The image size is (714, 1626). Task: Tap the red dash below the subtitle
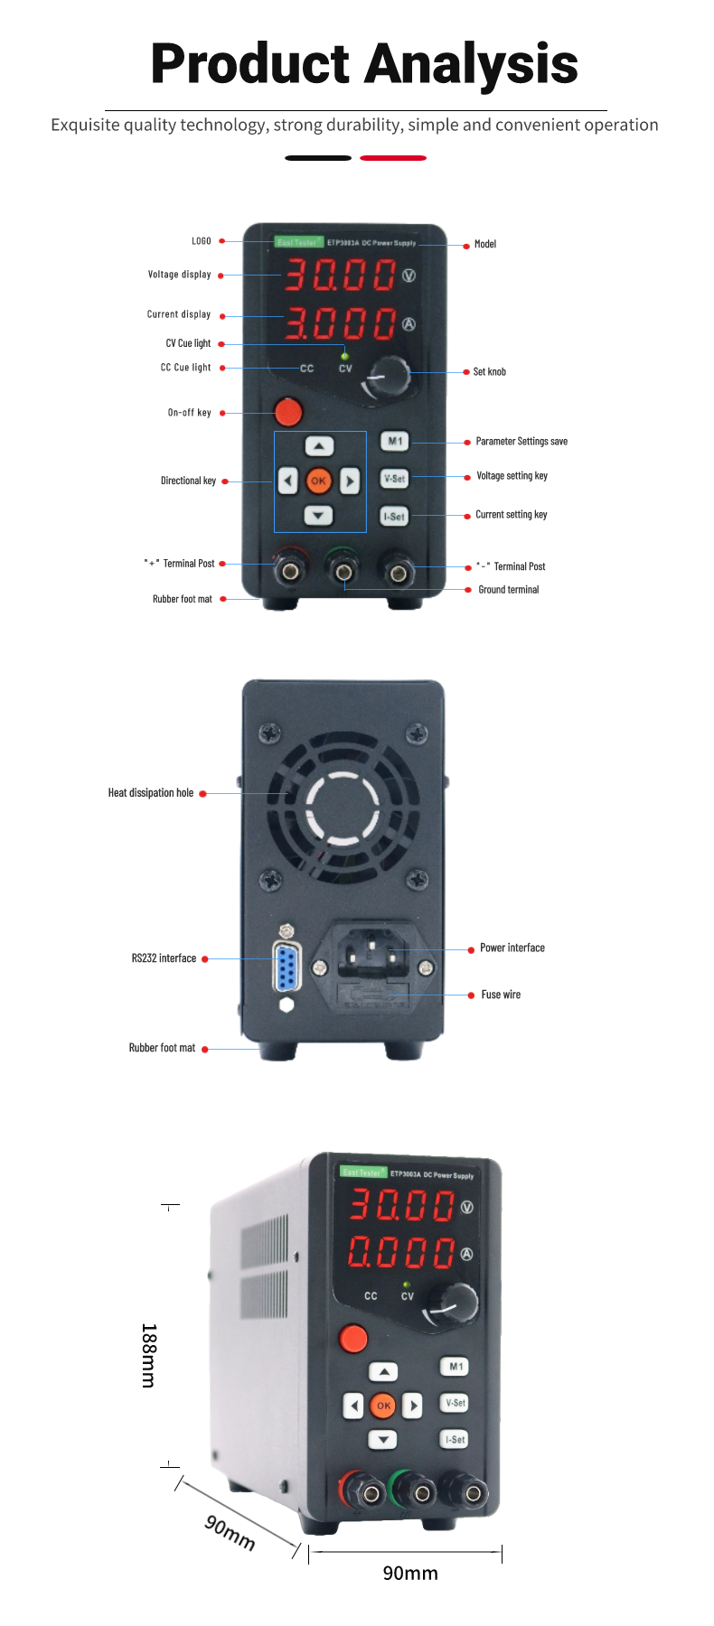point(393,158)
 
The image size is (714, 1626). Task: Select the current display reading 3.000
point(341,322)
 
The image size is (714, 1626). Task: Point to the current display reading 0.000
point(402,1252)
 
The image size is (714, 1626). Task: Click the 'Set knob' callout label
point(489,371)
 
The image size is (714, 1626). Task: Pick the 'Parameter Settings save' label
point(521,442)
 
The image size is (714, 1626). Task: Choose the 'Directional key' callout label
point(188,481)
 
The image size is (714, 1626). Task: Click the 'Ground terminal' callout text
point(508,590)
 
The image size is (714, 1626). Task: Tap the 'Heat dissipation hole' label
point(151,793)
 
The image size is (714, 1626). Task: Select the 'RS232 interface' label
point(164,958)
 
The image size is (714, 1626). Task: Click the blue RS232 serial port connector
point(287,967)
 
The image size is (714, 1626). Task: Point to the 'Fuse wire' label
point(501,995)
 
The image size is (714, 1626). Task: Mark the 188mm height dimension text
point(148,1355)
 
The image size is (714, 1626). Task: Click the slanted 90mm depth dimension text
point(230,1531)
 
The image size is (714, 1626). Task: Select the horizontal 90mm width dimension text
point(410,1573)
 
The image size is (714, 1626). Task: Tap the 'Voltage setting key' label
point(512,476)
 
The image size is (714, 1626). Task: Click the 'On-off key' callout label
point(189,413)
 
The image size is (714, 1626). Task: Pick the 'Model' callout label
point(485,244)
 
